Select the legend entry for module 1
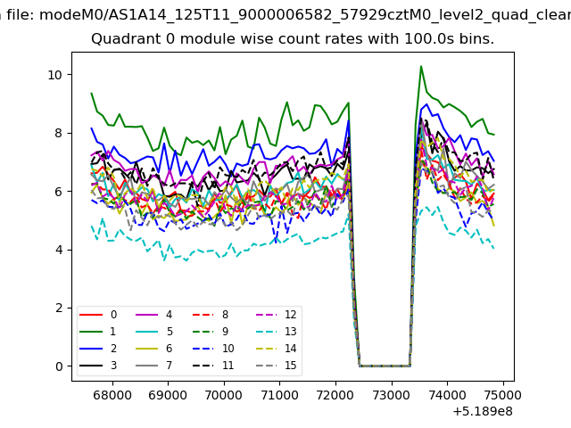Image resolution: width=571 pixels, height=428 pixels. coord(97,332)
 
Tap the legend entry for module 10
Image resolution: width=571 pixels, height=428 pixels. coord(213,349)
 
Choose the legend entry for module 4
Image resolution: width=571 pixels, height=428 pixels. coord(154,315)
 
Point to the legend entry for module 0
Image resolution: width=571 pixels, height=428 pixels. coord(98,315)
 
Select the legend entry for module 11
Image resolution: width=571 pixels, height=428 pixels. coord(213,366)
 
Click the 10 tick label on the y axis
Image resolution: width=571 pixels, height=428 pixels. coord(55,75)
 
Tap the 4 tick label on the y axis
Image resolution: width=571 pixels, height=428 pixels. coord(59,250)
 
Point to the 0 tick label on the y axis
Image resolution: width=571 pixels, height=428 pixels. coord(59,366)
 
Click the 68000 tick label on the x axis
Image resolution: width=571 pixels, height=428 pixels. coord(112,395)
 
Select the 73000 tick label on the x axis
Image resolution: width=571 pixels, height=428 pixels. coord(392,395)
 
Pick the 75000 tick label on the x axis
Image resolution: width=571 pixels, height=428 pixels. coord(502,395)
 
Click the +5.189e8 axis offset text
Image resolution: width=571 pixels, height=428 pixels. coord(483,412)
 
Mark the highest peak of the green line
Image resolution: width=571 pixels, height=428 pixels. coord(421,66)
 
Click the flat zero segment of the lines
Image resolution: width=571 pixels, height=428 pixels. coord(385,366)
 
